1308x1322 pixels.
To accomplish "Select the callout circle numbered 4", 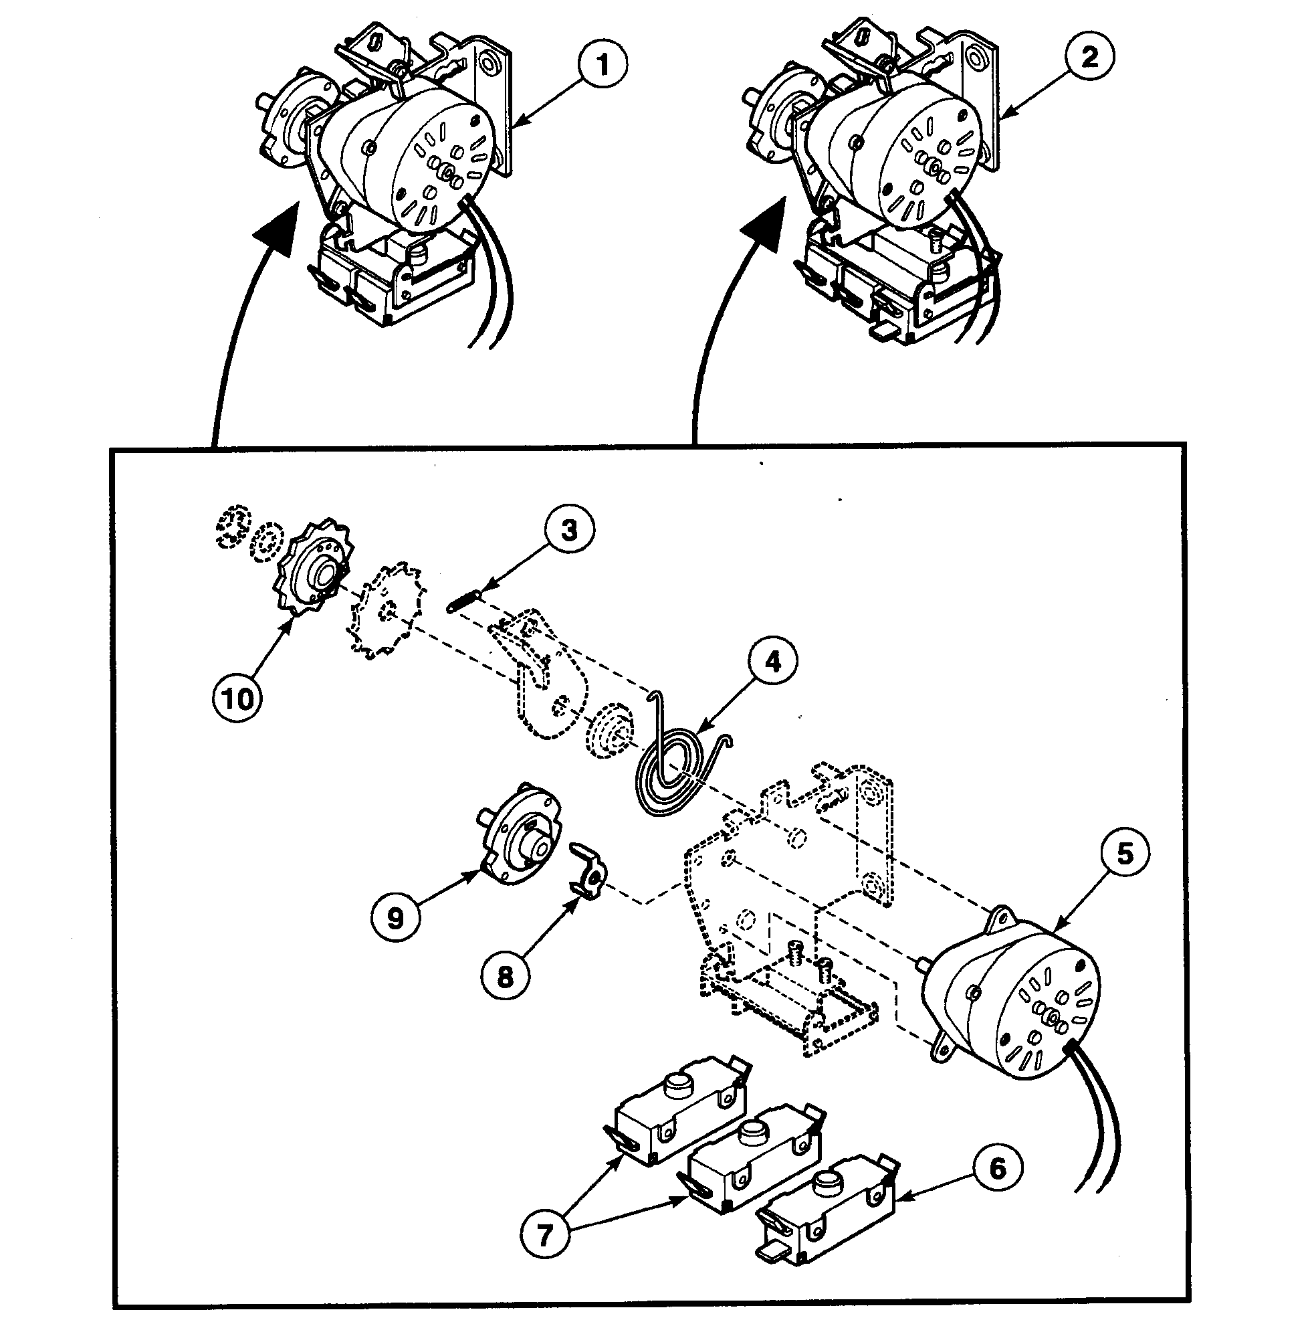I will [772, 662].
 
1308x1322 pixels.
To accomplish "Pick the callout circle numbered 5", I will [1125, 853].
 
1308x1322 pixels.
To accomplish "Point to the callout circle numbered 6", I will [998, 1167].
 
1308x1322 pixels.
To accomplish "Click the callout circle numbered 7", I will [544, 1236].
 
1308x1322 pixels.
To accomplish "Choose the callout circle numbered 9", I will [396, 918].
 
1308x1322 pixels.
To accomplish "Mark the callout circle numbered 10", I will [237, 698].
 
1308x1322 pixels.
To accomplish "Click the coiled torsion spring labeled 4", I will [674, 773].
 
